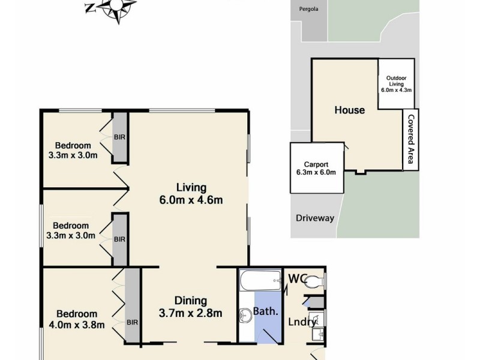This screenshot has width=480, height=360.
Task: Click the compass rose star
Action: (118, 8)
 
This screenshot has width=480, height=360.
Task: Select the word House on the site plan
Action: (349, 110)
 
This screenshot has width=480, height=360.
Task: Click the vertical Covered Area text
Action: (411, 140)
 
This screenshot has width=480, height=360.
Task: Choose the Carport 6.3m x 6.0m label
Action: (316, 168)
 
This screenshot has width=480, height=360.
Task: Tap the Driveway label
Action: (314, 218)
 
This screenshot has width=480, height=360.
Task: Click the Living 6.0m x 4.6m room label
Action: (191, 193)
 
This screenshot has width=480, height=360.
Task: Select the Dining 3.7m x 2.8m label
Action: (191, 307)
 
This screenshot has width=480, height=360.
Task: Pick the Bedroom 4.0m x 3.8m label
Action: (76, 319)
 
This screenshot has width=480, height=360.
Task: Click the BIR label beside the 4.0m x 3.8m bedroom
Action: (132, 322)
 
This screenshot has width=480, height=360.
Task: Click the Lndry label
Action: (302, 322)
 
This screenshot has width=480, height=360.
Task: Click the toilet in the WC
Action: (316, 282)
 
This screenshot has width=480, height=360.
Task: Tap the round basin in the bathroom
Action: (245, 314)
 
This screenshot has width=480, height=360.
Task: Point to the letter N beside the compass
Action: (90, 8)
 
